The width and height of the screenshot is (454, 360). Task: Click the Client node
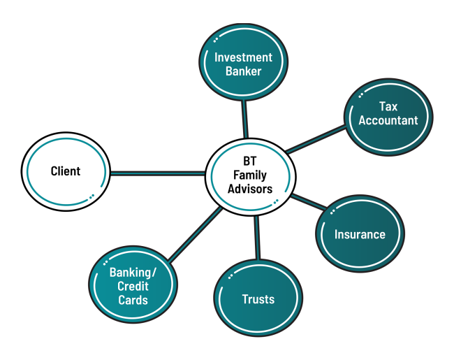pyautogui.click(x=66, y=171)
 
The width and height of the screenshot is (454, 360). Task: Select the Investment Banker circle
pyautogui.click(x=243, y=64)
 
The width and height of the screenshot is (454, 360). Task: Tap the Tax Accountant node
pyautogui.click(x=388, y=114)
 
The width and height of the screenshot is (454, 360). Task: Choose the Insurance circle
pyautogui.click(x=359, y=235)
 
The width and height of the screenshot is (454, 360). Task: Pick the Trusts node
pyautogui.click(x=258, y=299)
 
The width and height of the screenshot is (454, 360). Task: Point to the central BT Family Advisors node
pyautogui.click(x=249, y=175)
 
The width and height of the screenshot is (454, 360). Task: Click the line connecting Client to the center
pyautogui.click(x=157, y=172)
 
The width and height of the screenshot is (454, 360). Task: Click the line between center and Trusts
pyautogui.click(x=256, y=238)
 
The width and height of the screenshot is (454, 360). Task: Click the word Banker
pyautogui.click(x=243, y=71)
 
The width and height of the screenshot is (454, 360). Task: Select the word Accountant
pyautogui.click(x=388, y=120)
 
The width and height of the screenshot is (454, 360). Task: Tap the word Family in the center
pyautogui.click(x=249, y=175)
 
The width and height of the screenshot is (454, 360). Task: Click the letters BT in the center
pyautogui.click(x=249, y=161)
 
